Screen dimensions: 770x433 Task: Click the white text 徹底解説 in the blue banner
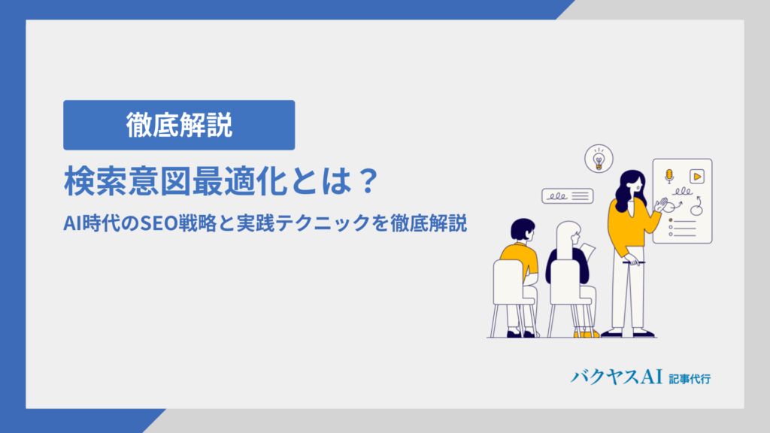tap(179, 126)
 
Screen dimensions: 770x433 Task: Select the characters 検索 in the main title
tap(95, 181)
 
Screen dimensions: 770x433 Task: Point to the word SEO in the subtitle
tap(159, 223)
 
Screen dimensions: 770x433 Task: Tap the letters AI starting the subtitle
tap(71, 223)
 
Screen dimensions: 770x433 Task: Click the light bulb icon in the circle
tap(599, 160)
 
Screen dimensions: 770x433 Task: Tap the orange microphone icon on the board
tap(668, 176)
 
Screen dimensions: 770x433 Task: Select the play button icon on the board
tap(697, 176)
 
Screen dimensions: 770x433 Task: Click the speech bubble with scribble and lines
tap(568, 196)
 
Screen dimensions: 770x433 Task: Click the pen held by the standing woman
tap(633, 262)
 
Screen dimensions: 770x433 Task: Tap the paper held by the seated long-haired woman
tap(588, 251)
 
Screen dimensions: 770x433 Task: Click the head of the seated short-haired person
tap(523, 230)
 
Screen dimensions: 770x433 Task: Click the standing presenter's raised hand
tap(662, 204)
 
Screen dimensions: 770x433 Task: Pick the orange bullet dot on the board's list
tap(671, 220)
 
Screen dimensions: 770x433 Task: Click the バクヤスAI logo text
tap(617, 377)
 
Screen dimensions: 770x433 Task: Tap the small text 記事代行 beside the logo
tap(690, 379)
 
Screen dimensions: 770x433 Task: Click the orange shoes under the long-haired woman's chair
tap(587, 335)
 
